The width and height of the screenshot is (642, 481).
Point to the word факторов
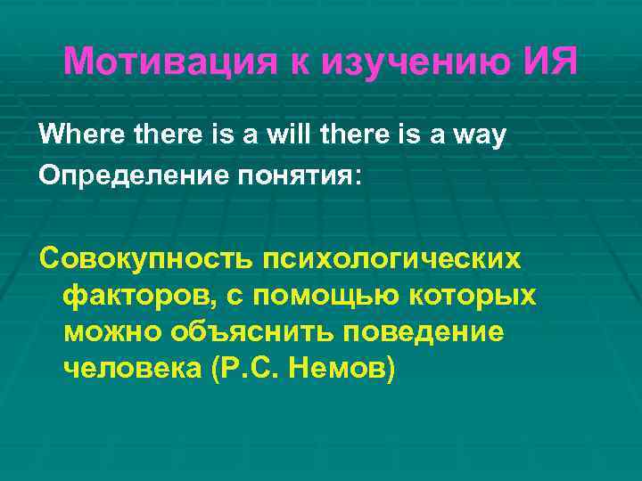132,296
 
